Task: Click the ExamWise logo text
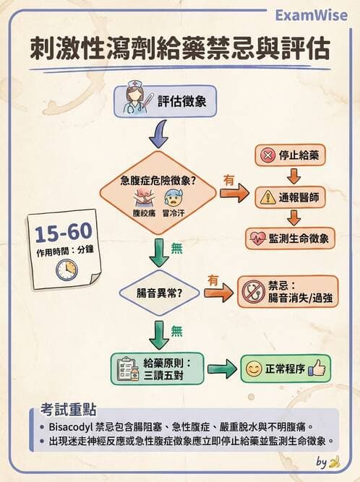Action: [315, 15]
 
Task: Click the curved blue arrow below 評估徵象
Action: [158, 134]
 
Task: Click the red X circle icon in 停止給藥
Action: [267, 155]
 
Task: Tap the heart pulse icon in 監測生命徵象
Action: [257, 237]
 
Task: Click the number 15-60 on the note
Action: [62, 233]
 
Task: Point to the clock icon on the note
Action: [66, 269]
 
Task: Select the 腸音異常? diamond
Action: [158, 293]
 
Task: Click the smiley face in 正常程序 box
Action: [253, 369]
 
